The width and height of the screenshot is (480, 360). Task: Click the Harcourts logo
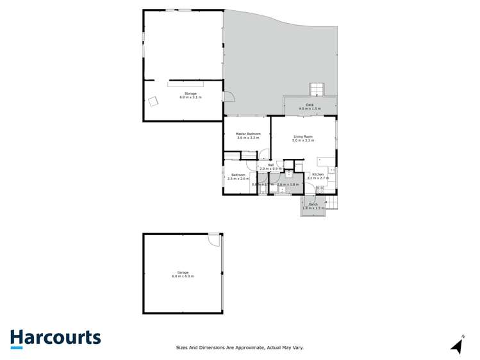[55, 338]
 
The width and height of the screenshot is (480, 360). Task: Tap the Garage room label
[183, 272]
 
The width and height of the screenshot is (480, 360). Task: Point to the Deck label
[310, 104]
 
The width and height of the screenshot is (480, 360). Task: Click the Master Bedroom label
[248, 134]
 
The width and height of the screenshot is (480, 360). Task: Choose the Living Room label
[303, 136]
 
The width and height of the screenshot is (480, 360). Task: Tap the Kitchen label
[319, 174]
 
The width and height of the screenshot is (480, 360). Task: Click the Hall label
[271, 165]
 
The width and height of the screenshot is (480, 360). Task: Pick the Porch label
[313, 204]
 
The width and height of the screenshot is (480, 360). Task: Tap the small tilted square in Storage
[153, 101]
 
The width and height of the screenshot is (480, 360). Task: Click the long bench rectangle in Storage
[185, 83]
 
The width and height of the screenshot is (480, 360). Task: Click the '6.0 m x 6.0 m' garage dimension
[183, 276]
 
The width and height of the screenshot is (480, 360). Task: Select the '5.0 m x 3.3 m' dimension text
[303, 140]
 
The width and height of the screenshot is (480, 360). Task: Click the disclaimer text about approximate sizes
[240, 348]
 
